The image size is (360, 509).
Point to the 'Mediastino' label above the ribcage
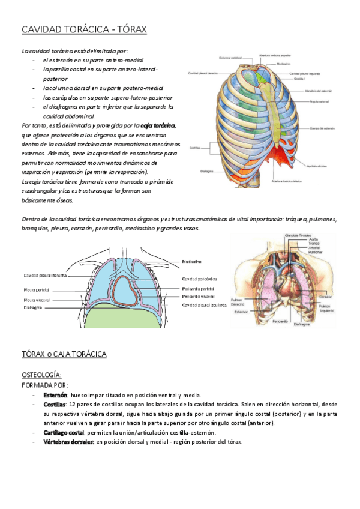point(284,64)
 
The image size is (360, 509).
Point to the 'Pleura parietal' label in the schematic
point(37,289)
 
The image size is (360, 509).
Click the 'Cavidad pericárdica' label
point(199,279)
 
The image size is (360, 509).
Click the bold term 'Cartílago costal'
point(64,432)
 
